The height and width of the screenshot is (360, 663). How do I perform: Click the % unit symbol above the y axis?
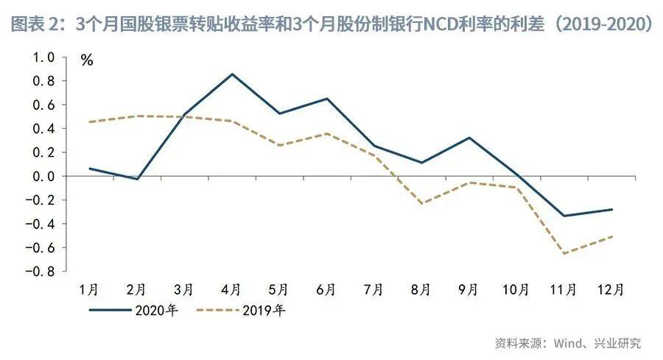(87, 61)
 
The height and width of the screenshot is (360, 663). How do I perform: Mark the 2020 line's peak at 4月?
(232, 74)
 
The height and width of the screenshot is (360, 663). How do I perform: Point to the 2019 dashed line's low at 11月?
(564, 253)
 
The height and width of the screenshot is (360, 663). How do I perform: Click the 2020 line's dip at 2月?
(138, 179)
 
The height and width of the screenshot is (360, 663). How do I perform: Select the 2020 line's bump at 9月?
(469, 138)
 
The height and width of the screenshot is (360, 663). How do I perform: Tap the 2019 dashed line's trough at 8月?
(421, 203)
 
